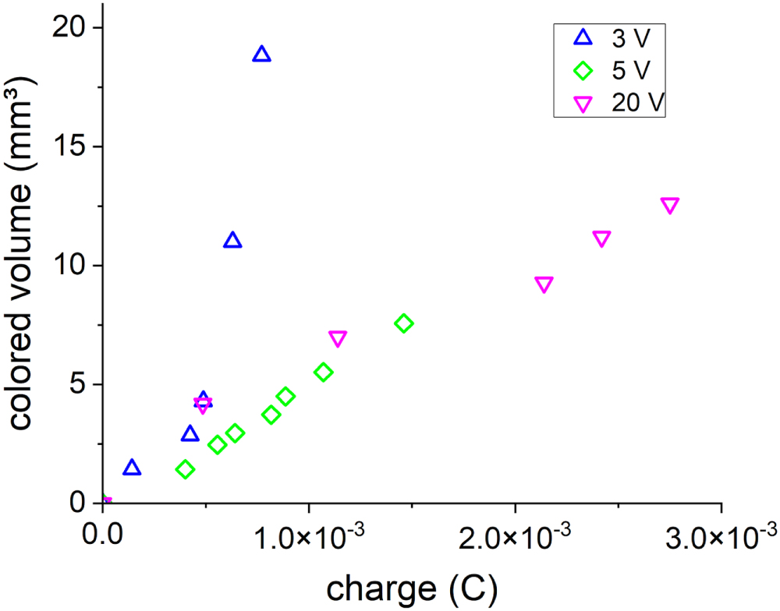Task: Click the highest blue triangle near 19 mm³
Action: click(x=262, y=55)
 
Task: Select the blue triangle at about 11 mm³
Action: click(x=232, y=241)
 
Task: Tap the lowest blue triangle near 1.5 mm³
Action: click(x=132, y=468)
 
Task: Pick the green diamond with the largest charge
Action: click(x=403, y=323)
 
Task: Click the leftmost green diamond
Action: click(x=185, y=469)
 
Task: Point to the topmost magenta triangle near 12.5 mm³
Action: click(x=669, y=205)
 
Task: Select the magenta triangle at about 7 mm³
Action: click(x=338, y=338)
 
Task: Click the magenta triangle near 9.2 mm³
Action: click(x=544, y=284)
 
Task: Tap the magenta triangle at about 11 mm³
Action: click(x=601, y=238)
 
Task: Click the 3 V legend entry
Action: click(x=608, y=37)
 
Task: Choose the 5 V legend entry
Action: click(x=608, y=70)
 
